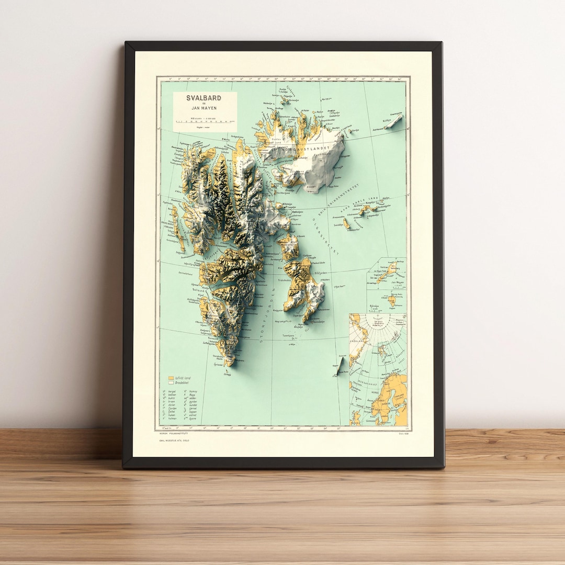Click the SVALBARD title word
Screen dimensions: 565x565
tap(204, 98)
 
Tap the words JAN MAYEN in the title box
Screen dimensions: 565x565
tap(204, 108)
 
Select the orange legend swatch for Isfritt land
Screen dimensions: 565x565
tap(171, 378)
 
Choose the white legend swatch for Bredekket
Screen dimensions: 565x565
tap(171, 383)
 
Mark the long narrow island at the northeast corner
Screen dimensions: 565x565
tap(394, 121)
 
